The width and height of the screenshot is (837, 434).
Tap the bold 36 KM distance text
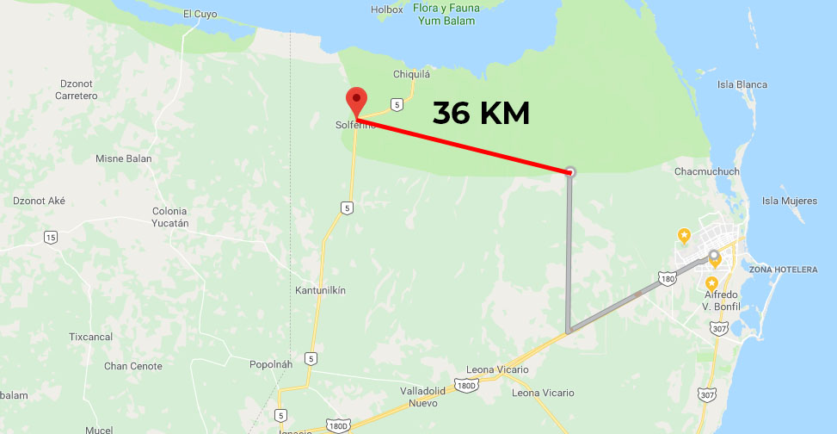click(481, 113)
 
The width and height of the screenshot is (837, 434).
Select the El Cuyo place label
click(201, 13)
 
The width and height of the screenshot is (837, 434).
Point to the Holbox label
click(386, 9)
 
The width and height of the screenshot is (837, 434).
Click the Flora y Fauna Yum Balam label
click(446, 14)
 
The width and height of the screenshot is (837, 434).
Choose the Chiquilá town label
click(411, 74)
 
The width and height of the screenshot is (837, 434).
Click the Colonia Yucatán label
click(169, 216)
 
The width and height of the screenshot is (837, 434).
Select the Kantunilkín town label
click(320, 290)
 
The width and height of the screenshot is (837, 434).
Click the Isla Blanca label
click(742, 84)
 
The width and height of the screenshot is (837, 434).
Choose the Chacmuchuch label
click(707, 171)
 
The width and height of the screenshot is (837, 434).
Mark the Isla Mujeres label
click(790, 201)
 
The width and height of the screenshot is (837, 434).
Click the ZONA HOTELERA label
click(783, 270)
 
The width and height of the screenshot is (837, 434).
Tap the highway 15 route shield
click(52, 237)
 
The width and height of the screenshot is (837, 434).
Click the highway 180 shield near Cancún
click(668, 278)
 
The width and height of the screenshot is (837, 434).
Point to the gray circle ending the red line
click(570, 172)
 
